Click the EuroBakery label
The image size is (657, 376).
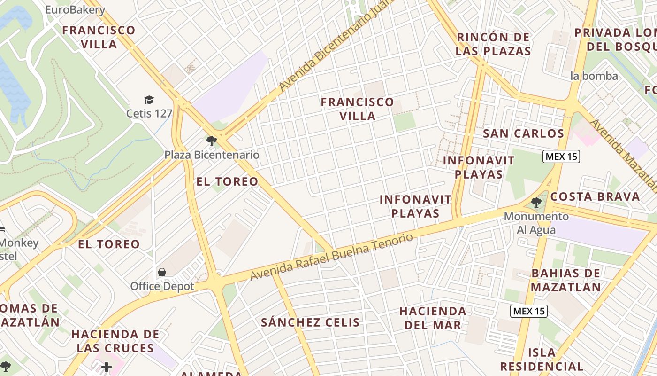click(75, 9)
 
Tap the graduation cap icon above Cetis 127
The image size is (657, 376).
click(149, 100)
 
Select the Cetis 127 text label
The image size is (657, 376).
click(149, 113)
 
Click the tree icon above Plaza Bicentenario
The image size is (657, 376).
click(212, 141)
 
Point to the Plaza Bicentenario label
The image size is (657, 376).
click(212, 155)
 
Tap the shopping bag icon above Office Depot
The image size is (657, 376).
click(162, 272)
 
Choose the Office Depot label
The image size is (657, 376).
click(162, 286)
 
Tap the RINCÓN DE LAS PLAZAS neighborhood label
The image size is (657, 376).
click(493, 44)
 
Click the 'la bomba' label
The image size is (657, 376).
click(594, 76)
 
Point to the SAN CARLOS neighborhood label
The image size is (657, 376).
click(523, 133)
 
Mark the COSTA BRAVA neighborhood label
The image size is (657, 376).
click(595, 196)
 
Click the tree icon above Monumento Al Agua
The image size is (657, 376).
click(536, 203)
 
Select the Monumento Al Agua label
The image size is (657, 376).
click(536, 223)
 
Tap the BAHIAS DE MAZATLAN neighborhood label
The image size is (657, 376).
click(566, 280)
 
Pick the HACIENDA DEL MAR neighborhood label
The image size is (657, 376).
click(433, 318)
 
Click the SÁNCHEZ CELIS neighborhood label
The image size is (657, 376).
click(310, 322)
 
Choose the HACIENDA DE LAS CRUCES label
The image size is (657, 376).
click(115, 341)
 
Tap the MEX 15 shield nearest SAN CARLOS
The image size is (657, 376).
click(561, 157)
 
